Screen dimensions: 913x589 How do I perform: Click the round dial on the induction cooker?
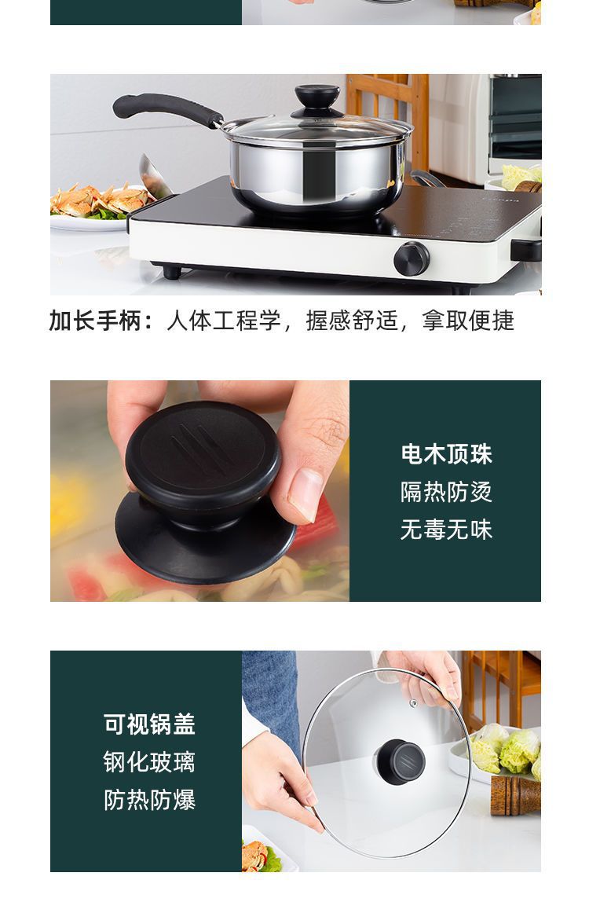(x=412, y=258)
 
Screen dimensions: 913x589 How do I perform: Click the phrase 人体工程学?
(x=224, y=321)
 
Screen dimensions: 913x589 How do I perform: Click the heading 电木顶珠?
(x=445, y=454)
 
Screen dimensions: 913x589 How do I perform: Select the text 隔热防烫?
(x=445, y=492)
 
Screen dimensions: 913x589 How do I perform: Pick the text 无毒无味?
(x=445, y=530)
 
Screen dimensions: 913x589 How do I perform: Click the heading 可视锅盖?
(x=149, y=724)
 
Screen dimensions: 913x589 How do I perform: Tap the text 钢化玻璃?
(x=149, y=761)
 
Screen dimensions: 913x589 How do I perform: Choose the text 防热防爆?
(x=149, y=800)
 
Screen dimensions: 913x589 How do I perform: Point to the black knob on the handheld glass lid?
(x=400, y=760)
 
